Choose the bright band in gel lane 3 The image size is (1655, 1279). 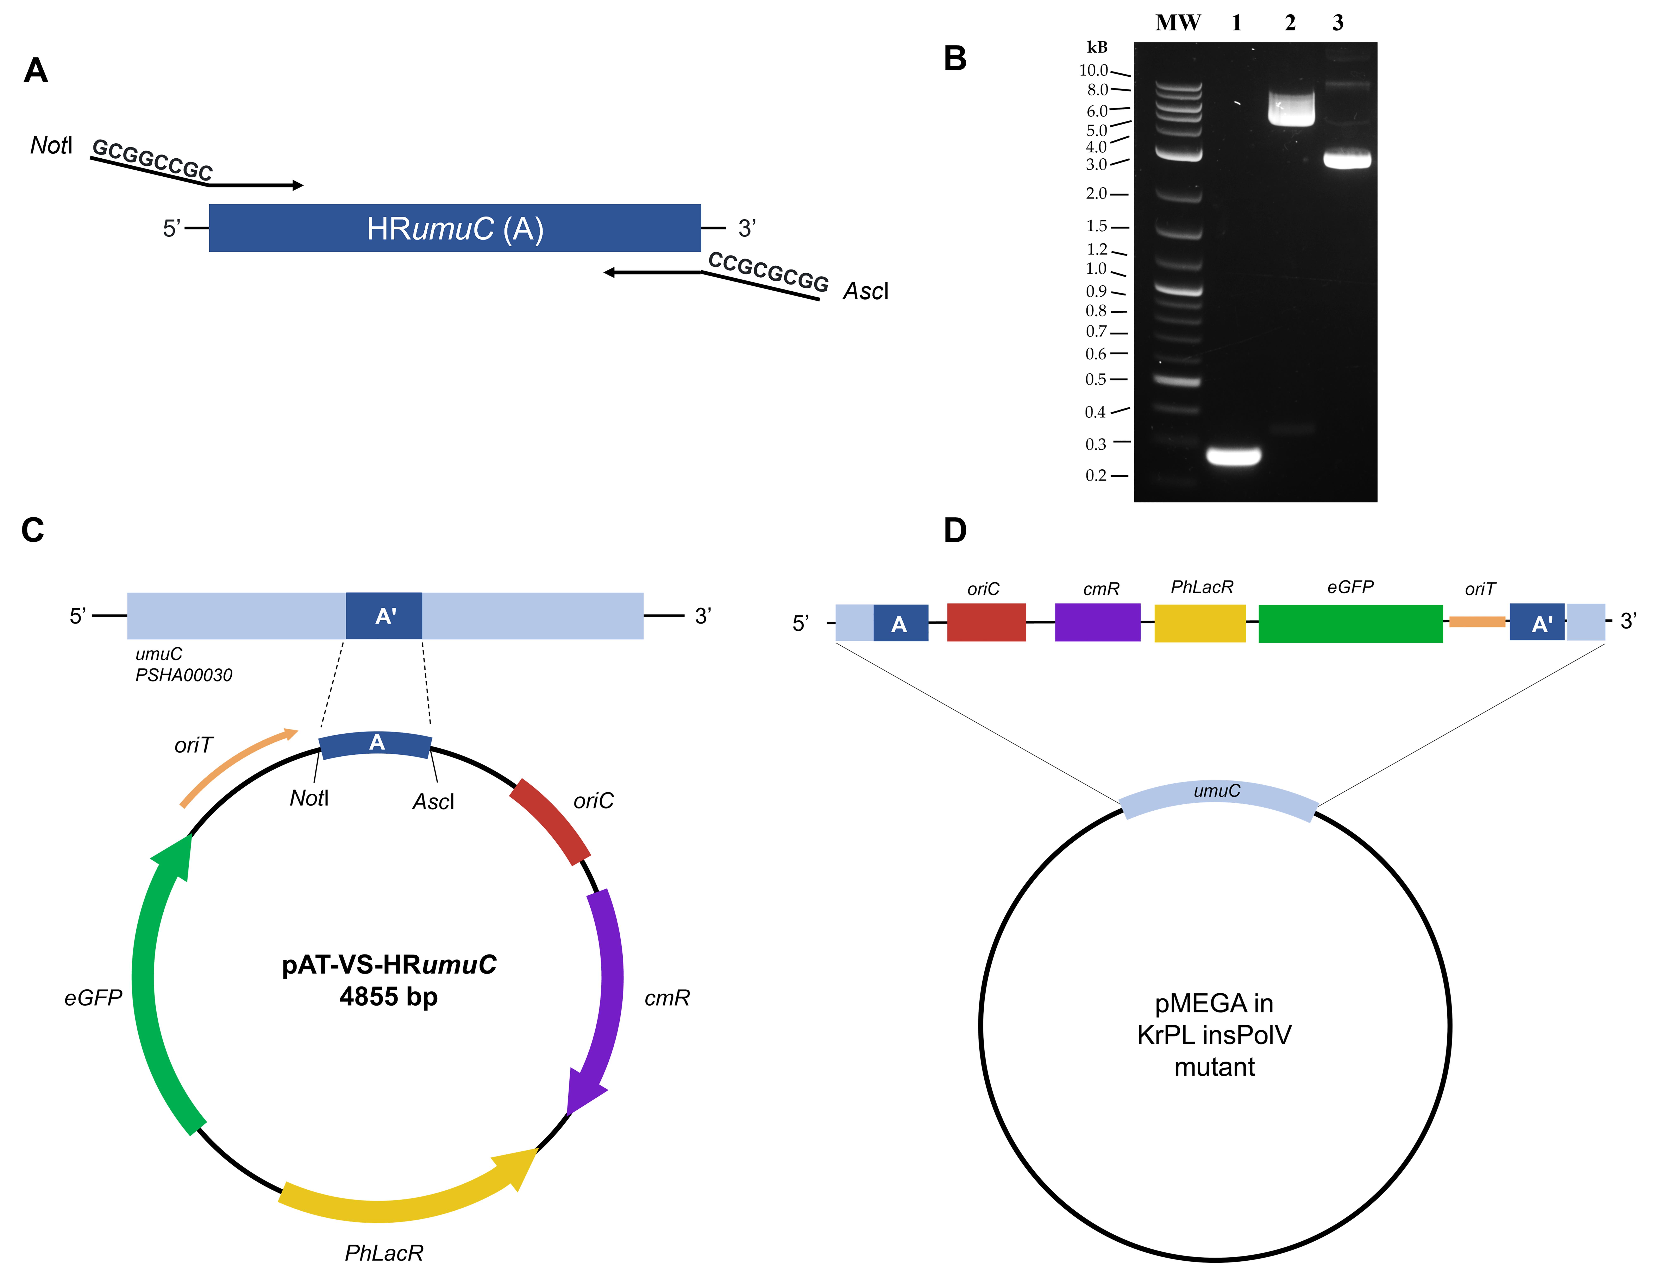1347,160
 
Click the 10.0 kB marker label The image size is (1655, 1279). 1093,70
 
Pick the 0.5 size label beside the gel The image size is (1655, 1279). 1096,379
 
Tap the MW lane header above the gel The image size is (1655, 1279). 1178,23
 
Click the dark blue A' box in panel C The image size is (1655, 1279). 384,615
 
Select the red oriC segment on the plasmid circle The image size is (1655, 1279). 550,821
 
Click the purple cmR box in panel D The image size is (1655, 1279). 1097,622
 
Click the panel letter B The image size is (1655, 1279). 955,58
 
